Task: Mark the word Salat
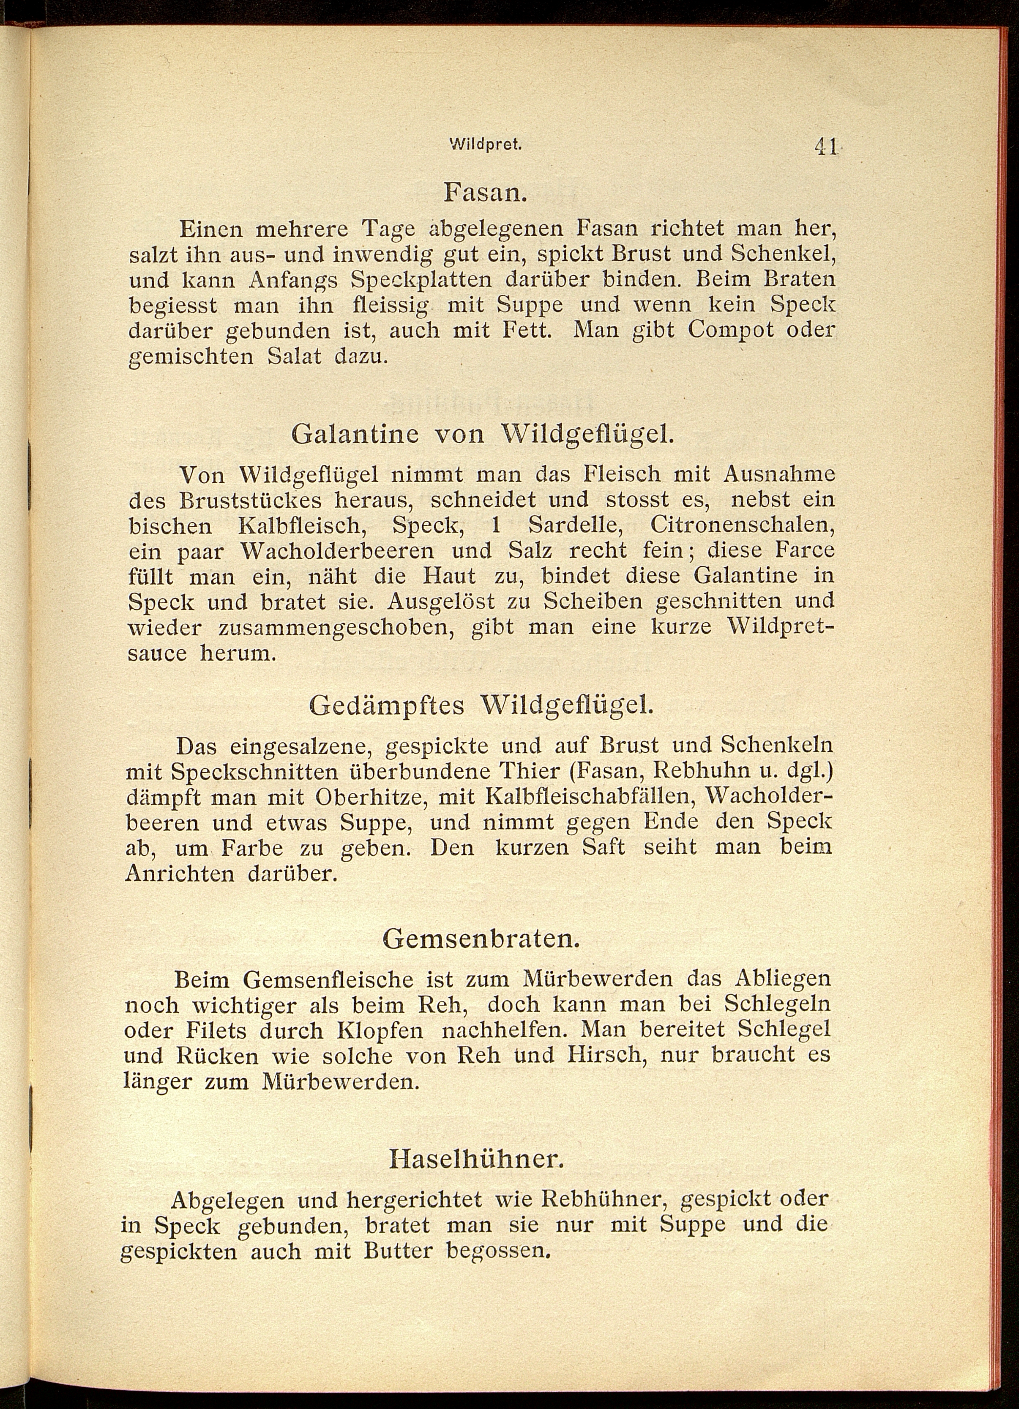point(294,357)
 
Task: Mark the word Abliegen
point(782,979)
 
